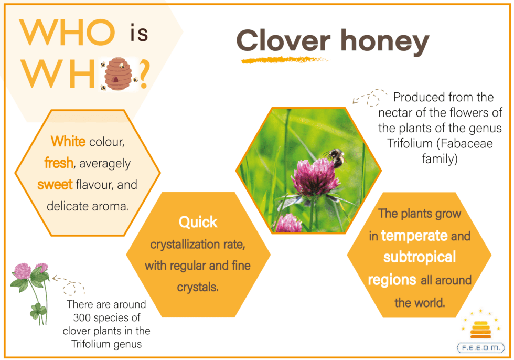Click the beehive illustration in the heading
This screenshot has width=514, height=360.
[118, 73]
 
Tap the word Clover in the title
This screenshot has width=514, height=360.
[283, 41]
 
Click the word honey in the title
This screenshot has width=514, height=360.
[385, 43]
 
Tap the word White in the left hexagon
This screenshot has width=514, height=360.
[68, 142]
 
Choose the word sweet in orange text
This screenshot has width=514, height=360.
[55, 185]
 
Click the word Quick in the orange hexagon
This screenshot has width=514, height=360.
[198, 222]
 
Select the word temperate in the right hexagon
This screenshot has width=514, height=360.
[414, 236]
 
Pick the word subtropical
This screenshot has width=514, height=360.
[420, 257]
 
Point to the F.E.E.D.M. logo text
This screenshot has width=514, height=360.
[481, 347]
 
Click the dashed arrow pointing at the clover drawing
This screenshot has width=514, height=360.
[68, 284]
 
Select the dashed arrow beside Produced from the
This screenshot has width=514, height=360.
[370, 98]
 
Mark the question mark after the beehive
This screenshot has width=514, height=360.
[144, 75]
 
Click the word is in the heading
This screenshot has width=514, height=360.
[139, 33]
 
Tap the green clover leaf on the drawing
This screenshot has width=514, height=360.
[38, 309]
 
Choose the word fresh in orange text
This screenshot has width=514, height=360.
[59, 163]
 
